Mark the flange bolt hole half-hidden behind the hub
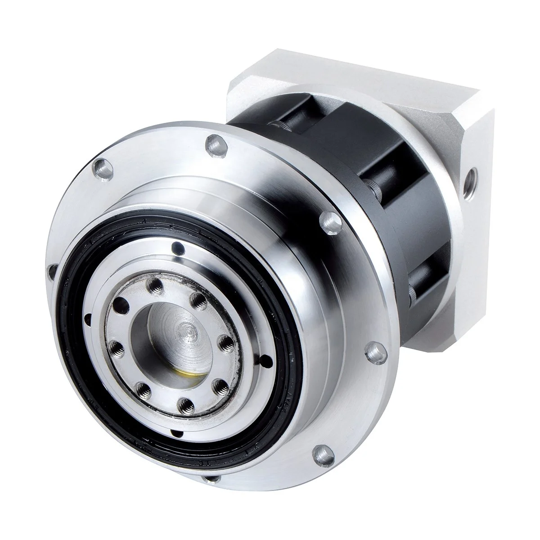point(51,271)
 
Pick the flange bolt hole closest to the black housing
point(327,221)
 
